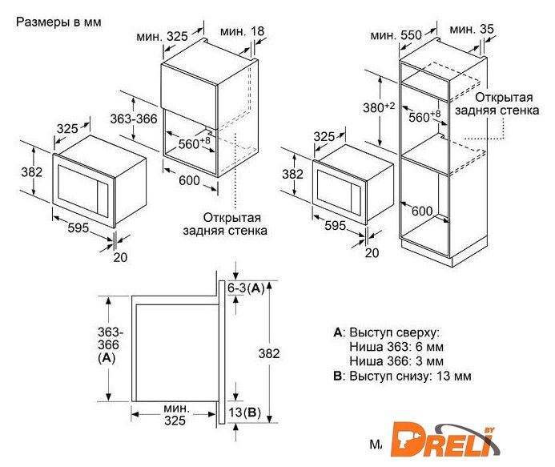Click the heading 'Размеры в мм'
[x=58, y=22]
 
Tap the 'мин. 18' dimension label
[x=242, y=31]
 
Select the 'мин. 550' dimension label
[x=396, y=35]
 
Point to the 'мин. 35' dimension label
[x=472, y=29]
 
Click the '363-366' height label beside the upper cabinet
[x=134, y=119]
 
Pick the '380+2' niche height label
[x=378, y=107]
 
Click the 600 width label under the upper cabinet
[x=189, y=180]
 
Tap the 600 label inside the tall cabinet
[x=422, y=211]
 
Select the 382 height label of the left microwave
[x=31, y=172]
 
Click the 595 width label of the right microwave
[x=336, y=226]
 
